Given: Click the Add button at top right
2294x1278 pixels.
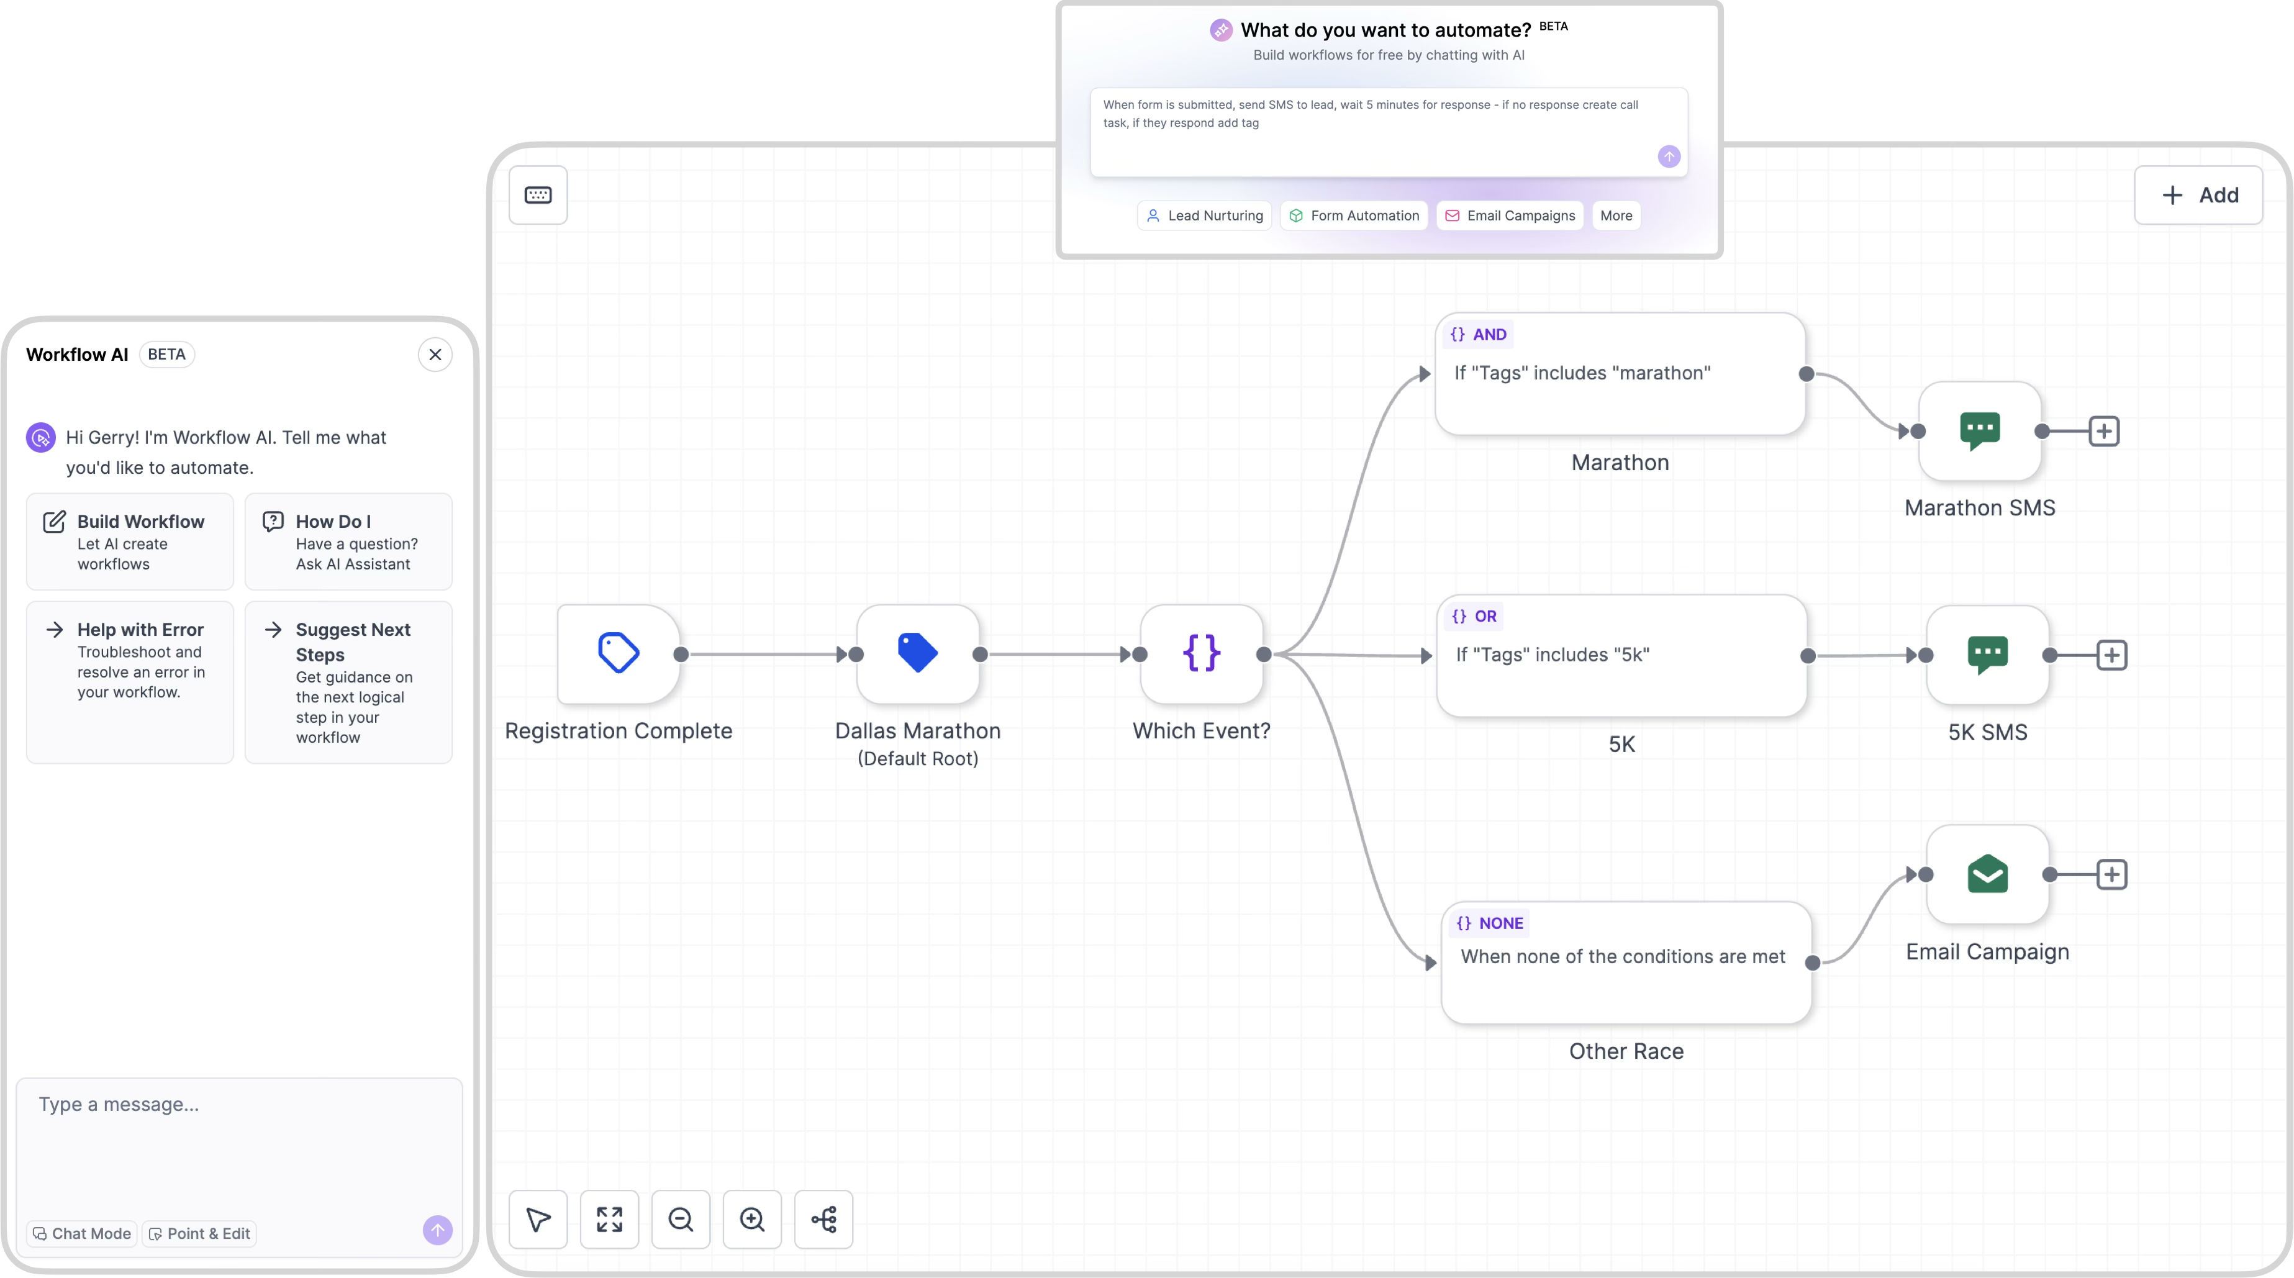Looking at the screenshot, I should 2198,195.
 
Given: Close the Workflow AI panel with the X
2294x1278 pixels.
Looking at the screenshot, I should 435,355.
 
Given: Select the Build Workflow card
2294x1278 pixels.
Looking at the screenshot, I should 130,542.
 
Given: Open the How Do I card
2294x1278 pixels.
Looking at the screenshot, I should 348,542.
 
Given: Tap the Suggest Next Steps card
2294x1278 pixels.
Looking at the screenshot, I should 348,681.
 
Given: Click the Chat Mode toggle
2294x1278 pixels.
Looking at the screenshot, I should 82,1233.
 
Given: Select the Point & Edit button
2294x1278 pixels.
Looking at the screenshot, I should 199,1233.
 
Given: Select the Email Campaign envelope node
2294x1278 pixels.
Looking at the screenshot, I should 1987,874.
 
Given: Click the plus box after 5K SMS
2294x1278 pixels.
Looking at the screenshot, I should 2111,656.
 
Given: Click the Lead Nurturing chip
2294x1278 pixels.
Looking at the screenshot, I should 1205,215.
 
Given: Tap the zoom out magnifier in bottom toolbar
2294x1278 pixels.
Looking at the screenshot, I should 681,1219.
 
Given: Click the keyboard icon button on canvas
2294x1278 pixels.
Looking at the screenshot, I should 538,195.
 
